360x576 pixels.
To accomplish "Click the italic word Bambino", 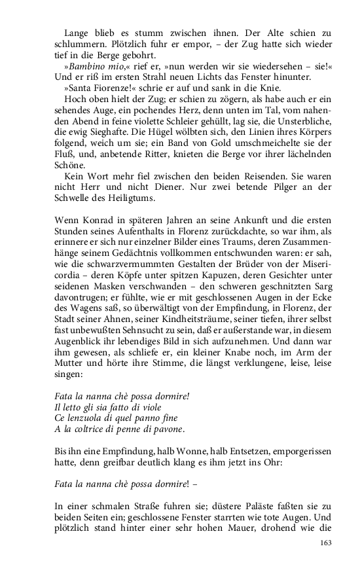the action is [x=85, y=67].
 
